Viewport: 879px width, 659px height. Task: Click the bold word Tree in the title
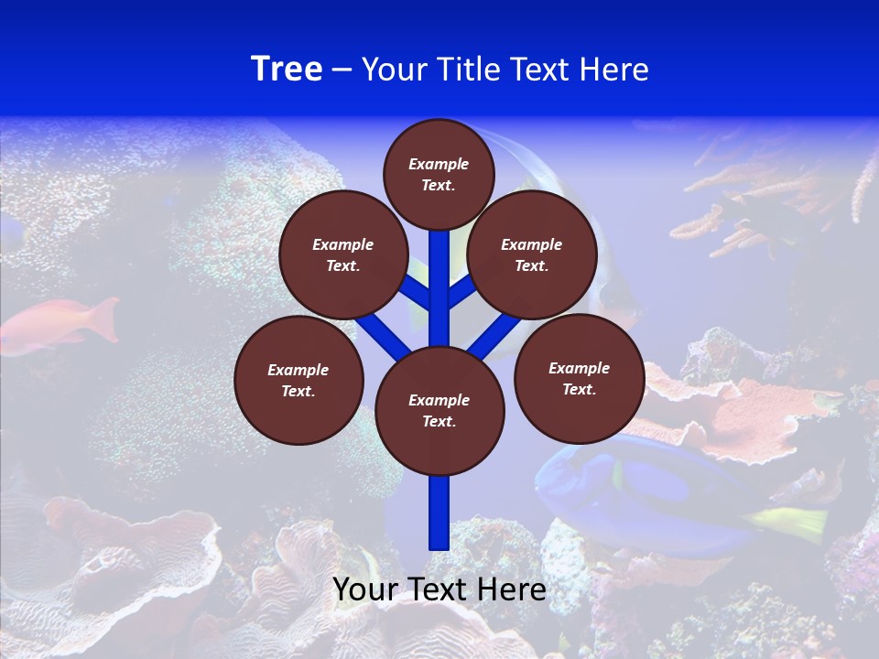[x=287, y=70]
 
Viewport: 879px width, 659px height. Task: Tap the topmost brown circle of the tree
[x=439, y=174]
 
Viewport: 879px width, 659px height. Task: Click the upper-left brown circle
[x=342, y=255]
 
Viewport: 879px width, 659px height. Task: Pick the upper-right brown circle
[x=532, y=255]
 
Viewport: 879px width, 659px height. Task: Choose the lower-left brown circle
[x=298, y=380]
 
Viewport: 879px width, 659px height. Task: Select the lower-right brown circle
[x=579, y=378]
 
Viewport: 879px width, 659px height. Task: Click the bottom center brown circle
[x=439, y=410]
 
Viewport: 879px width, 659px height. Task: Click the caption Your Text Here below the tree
[x=439, y=589]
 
